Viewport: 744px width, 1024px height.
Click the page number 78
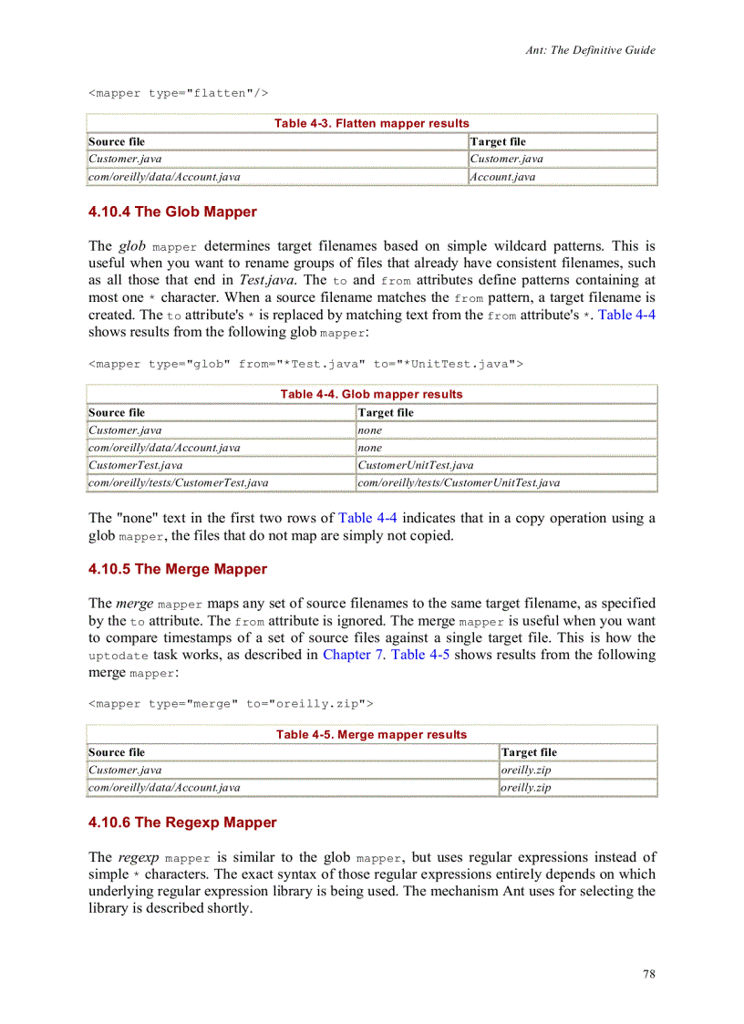(x=648, y=974)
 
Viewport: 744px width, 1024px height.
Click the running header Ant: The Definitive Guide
(x=590, y=50)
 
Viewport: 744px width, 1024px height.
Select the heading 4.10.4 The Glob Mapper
(x=172, y=212)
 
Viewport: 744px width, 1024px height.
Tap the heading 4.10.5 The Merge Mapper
(x=178, y=569)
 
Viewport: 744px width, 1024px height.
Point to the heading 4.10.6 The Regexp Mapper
(x=182, y=822)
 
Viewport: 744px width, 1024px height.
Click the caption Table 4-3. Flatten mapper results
(x=371, y=123)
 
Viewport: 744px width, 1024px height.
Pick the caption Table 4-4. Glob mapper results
(x=371, y=394)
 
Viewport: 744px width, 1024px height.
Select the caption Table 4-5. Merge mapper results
(x=371, y=734)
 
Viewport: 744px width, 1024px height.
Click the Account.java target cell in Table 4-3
(x=502, y=177)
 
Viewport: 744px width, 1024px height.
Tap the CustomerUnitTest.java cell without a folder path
(x=416, y=465)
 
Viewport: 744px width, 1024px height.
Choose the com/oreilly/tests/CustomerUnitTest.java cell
(x=459, y=482)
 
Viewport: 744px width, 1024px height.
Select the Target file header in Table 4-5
(x=529, y=752)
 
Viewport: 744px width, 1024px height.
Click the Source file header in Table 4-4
(x=117, y=412)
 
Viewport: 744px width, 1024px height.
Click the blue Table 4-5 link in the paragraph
(x=419, y=655)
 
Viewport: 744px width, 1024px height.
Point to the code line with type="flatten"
(x=178, y=93)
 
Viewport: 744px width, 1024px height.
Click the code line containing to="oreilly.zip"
(x=230, y=703)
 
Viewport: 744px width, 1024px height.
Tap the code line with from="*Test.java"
(x=305, y=364)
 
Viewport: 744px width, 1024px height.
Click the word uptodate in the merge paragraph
(x=118, y=656)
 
